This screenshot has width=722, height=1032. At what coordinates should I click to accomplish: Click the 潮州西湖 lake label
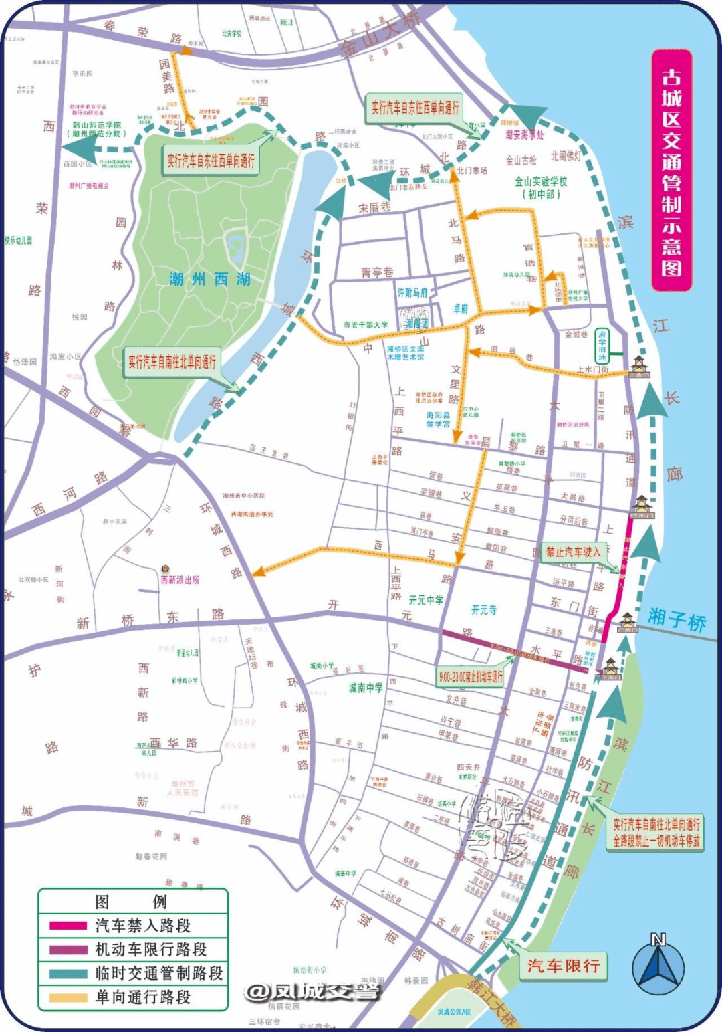(x=210, y=279)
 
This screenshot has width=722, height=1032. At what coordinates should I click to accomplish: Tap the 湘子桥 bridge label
(x=677, y=619)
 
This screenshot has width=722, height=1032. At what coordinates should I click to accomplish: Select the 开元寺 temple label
(x=484, y=610)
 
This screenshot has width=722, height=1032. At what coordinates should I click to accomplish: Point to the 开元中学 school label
(x=426, y=600)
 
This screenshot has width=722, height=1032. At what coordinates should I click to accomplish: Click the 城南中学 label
(x=366, y=688)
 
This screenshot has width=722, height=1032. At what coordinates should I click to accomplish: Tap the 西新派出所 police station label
(x=179, y=579)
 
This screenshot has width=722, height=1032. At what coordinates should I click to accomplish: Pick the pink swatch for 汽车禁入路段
(x=68, y=926)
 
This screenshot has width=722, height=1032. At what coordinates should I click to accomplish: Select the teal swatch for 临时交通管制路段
(x=68, y=974)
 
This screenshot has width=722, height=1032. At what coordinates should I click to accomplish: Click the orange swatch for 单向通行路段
(x=68, y=997)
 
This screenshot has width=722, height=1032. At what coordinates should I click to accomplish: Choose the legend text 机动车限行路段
(x=151, y=950)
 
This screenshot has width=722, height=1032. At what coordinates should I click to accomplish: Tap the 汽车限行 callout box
(x=563, y=966)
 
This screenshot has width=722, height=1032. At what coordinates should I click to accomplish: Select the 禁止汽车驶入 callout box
(x=573, y=552)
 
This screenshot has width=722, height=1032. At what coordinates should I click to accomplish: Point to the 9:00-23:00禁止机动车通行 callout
(x=470, y=677)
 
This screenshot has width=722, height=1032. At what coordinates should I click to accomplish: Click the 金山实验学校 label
(x=540, y=187)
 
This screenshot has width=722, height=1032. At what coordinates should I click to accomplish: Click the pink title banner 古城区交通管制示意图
(x=671, y=171)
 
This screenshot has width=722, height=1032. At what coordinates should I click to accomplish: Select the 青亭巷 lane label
(x=377, y=272)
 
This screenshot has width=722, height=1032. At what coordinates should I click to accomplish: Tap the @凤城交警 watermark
(x=312, y=991)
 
